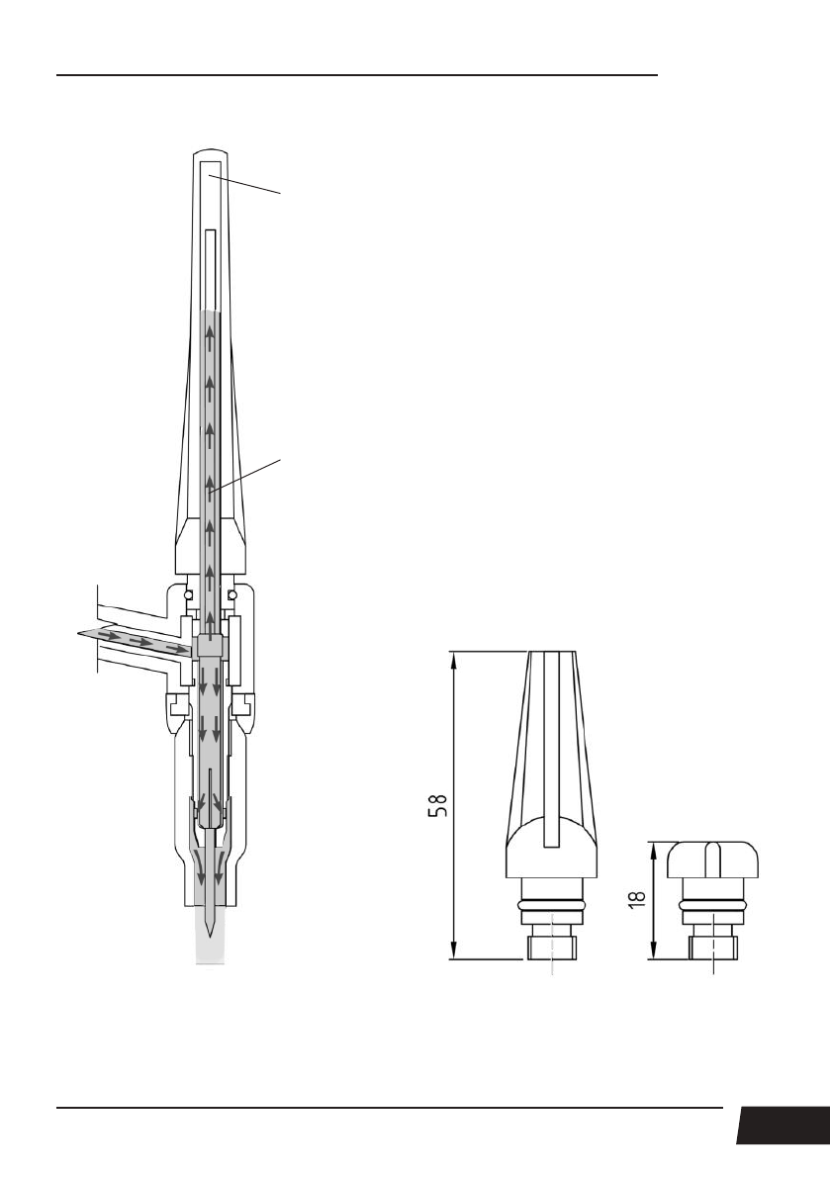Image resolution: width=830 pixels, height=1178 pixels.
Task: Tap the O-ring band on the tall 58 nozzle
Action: (552, 902)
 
